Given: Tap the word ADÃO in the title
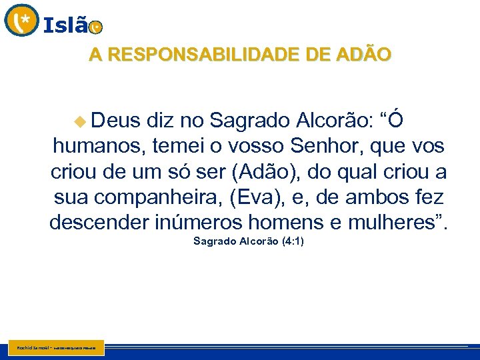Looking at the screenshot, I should tap(365, 55).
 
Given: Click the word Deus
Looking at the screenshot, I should tap(115, 120).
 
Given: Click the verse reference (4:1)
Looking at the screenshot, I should tap(291, 241).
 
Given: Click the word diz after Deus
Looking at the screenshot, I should tap(160, 120).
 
